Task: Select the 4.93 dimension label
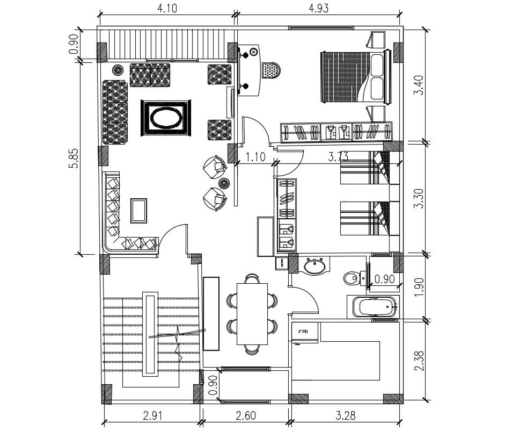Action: click(318, 8)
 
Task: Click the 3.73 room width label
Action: click(339, 157)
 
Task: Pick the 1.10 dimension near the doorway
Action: click(256, 157)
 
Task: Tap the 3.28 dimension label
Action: click(345, 415)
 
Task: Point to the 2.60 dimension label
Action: click(245, 415)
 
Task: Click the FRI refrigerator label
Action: click(303, 331)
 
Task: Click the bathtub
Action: click(377, 308)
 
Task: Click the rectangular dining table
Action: click(252, 314)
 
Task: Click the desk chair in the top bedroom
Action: click(270, 70)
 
